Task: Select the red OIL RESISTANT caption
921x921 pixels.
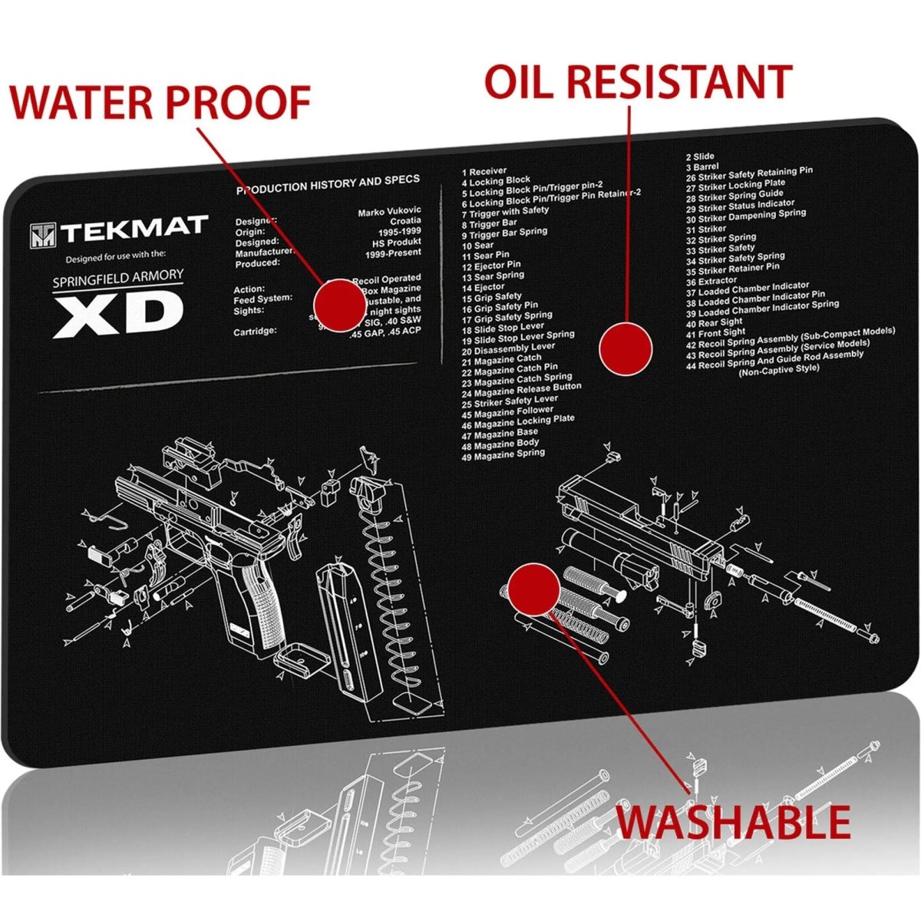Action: tap(638, 81)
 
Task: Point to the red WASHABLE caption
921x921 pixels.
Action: tap(734, 821)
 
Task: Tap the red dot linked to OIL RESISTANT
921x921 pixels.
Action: tap(625, 348)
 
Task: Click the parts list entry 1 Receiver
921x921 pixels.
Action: tap(484, 172)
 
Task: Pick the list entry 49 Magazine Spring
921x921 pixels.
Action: tap(503, 454)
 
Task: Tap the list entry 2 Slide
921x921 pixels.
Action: tap(699, 157)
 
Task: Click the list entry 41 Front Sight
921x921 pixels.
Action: tap(715, 333)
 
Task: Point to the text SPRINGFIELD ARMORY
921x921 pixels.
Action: tap(117, 278)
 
